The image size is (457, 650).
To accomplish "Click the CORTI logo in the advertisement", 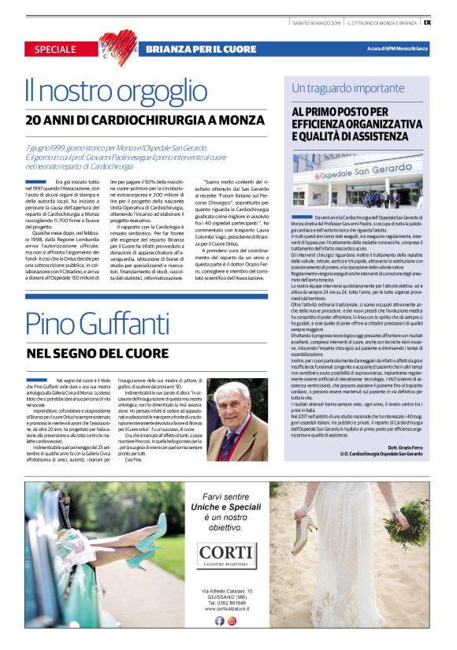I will coord(227,552).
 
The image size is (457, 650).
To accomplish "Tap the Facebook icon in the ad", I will coord(220,620).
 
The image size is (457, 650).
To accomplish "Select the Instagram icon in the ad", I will coord(232,620).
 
